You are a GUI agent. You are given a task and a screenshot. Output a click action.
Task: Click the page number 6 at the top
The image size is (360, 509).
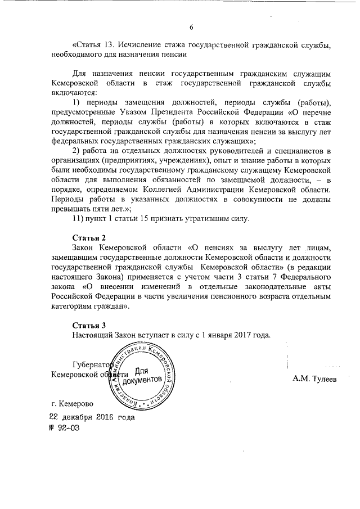(191, 26)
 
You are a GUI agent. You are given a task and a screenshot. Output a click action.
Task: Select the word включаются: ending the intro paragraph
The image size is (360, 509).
(73, 92)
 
